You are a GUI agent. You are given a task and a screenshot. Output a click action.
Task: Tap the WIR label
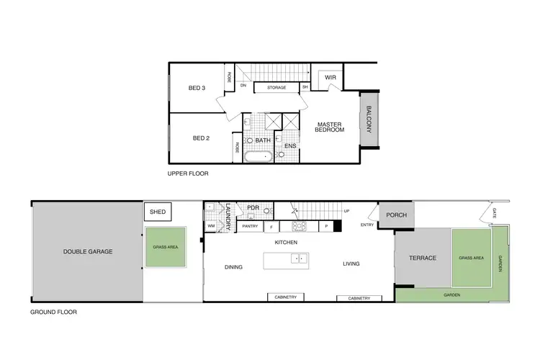tap(331, 77)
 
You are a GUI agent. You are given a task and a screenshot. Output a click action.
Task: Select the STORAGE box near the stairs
tap(276, 88)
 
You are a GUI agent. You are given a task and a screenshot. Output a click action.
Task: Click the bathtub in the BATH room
tap(257, 156)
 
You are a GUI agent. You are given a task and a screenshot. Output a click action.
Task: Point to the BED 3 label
tap(197, 89)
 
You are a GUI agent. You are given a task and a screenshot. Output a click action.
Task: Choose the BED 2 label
tap(200, 138)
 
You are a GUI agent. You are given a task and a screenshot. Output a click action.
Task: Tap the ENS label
tap(290, 146)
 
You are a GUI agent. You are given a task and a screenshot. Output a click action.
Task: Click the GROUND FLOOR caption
tap(53, 312)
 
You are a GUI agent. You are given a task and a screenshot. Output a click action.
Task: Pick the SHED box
tap(157, 212)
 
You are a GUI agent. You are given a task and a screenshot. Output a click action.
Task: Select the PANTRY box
tap(250, 226)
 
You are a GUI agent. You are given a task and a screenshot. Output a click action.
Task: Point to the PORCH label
tap(397, 215)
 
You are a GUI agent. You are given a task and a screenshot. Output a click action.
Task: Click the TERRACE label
tap(423, 258)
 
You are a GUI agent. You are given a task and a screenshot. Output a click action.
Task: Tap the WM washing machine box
tap(211, 226)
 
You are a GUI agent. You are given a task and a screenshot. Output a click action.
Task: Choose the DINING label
tap(233, 267)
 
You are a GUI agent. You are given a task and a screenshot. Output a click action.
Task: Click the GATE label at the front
tap(495, 213)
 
